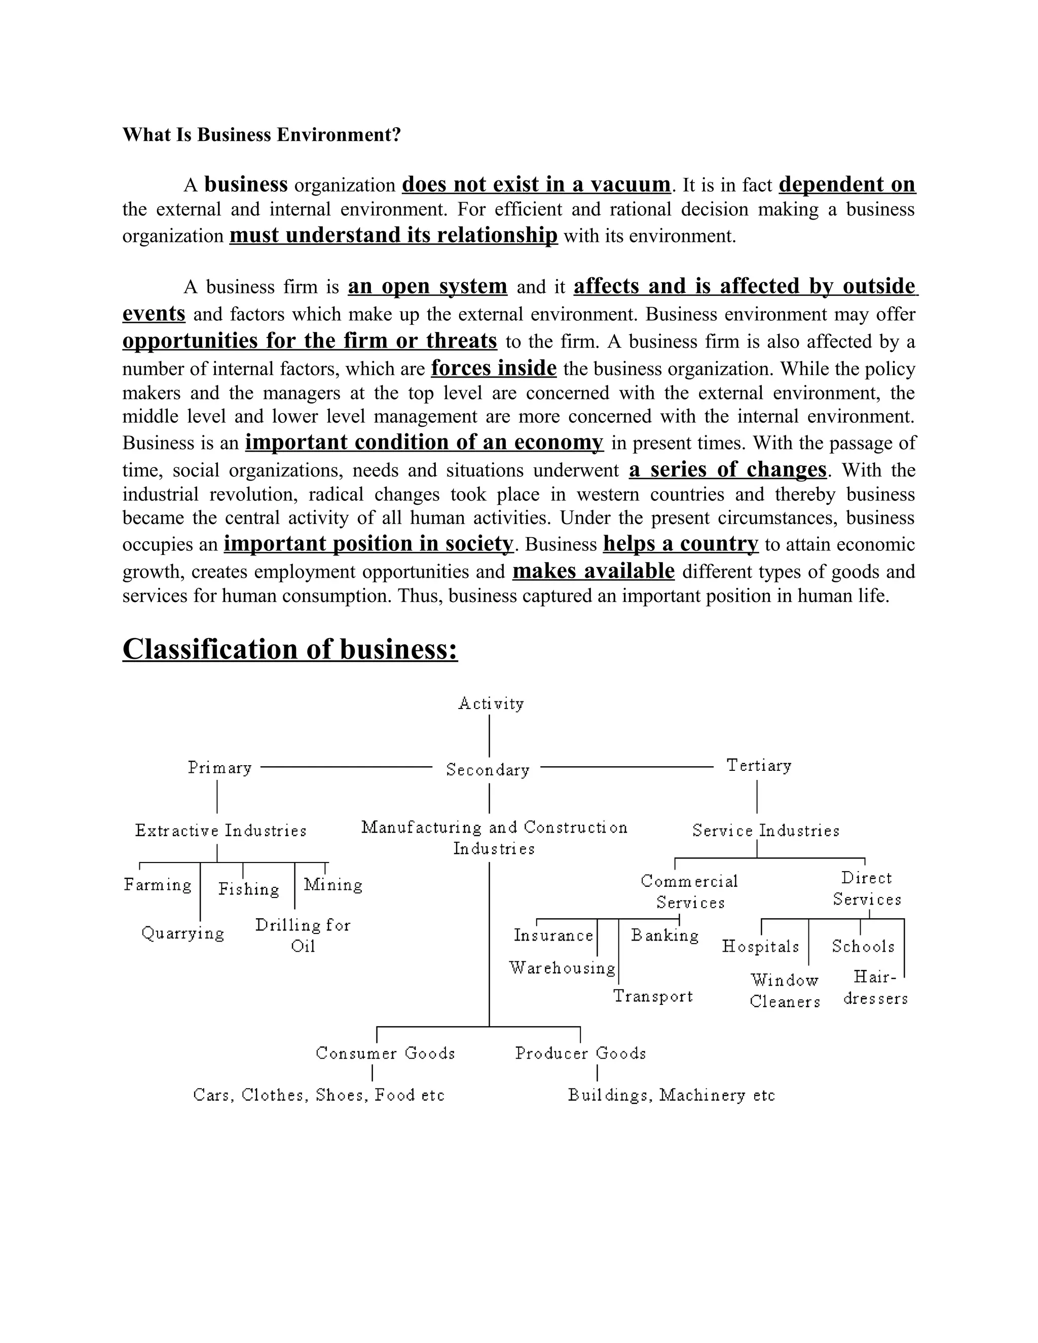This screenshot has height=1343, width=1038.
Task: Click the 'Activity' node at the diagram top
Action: point(491,703)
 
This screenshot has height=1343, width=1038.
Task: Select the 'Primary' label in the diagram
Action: point(219,768)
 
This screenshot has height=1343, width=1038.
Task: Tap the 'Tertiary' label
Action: point(759,766)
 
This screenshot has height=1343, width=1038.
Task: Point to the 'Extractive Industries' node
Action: point(221,831)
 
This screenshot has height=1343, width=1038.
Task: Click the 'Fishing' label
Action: point(248,889)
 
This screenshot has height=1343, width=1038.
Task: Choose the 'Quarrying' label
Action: point(182,934)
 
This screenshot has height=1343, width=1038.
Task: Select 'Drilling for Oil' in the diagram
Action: point(303,936)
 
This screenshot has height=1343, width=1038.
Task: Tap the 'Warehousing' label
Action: point(562,968)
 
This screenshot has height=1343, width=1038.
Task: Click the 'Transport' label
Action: point(652,996)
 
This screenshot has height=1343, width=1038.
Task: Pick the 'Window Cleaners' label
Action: point(785,991)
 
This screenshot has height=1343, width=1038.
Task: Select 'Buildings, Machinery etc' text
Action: point(671,1095)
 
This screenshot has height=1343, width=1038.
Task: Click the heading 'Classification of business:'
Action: point(290,649)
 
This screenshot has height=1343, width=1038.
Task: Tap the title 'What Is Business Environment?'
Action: point(262,135)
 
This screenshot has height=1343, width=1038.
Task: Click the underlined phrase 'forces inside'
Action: point(494,368)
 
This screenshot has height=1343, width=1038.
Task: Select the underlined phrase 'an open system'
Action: point(427,286)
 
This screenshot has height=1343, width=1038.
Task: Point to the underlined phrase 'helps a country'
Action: point(680,544)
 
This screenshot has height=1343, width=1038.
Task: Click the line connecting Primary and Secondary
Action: point(346,767)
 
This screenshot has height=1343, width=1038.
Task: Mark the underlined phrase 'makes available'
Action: point(594,571)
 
